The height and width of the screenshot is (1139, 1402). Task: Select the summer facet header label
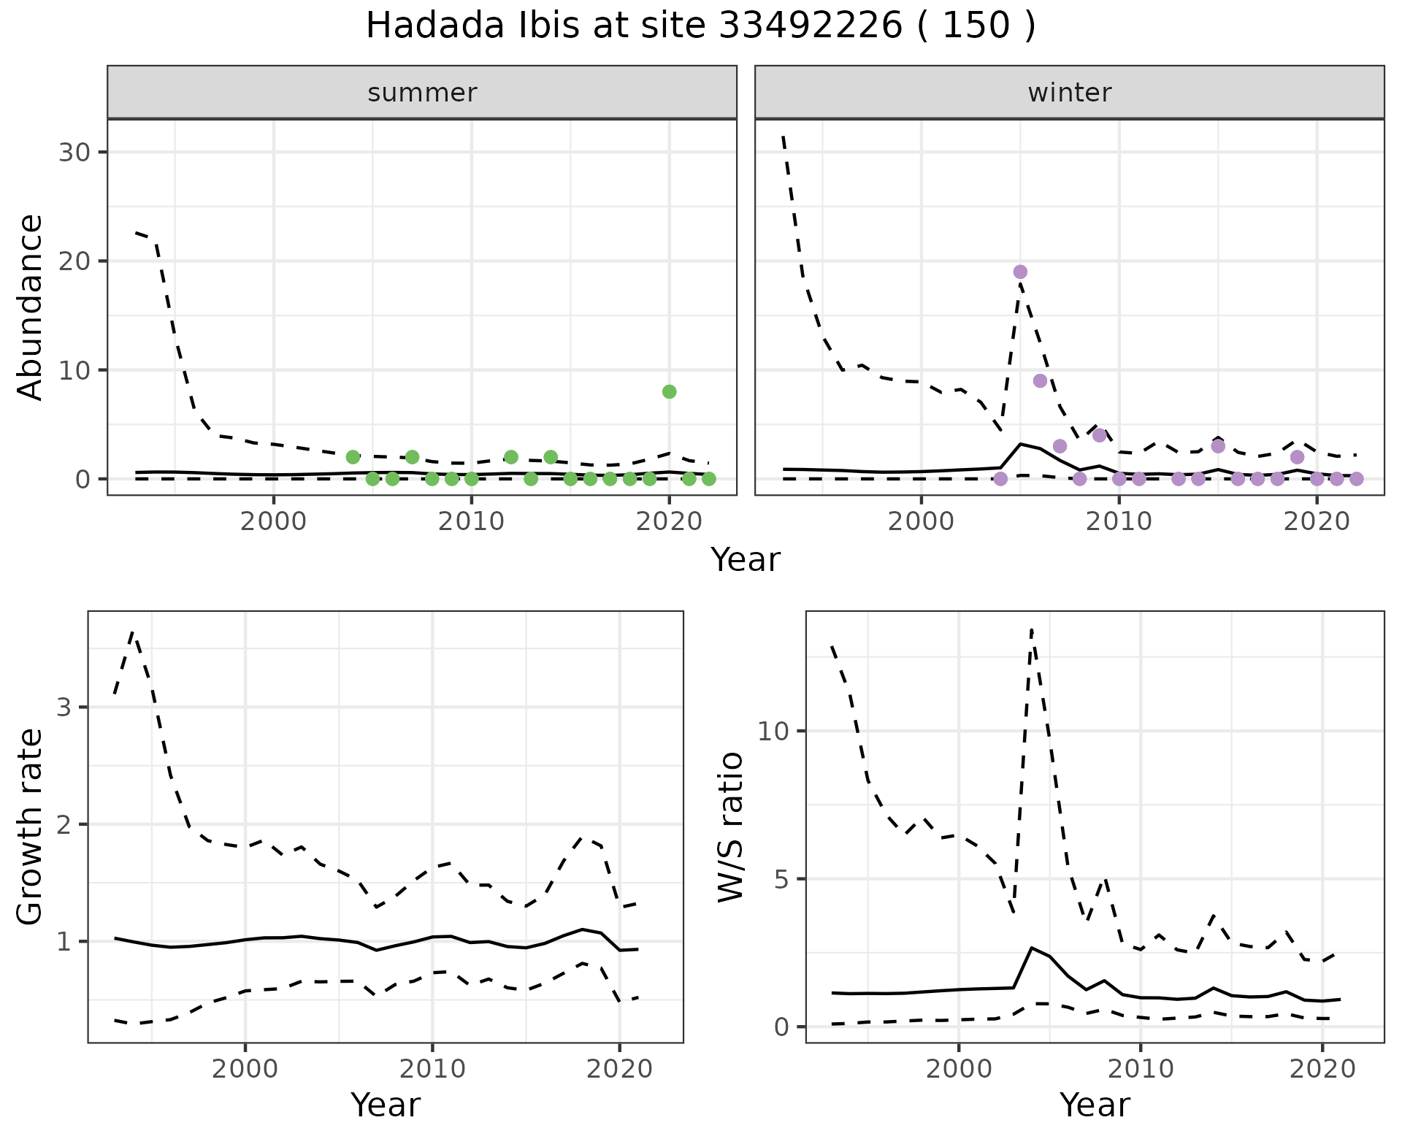pyautogui.click(x=422, y=93)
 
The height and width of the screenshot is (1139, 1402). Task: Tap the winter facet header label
pyautogui.click(x=1069, y=93)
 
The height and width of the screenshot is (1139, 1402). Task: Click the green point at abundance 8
pyautogui.click(x=669, y=392)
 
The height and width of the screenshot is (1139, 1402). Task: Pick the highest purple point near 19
pyautogui.click(x=1020, y=272)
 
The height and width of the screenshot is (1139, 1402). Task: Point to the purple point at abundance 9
pyautogui.click(x=1040, y=380)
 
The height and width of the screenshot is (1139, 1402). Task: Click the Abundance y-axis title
pyautogui.click(x=31, y=307)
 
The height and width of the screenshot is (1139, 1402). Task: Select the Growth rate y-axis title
pyautogui.click(x=31, y=827)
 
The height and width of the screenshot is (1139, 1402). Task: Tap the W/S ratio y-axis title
pyautogui.click(x=730, y=827)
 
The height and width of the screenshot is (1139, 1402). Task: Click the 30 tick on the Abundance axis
pyautogui.click(x=76, y=153)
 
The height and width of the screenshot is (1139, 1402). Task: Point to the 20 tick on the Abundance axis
pyautogui.click(x=76, y=261)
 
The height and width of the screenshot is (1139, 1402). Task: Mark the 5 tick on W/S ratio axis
pyautogui.click(x=781, y=879)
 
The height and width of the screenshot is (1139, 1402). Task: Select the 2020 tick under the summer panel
pyautogui.click(x=669, y=521)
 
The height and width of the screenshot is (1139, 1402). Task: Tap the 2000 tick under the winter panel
pyautogui.click(x=921, y=521)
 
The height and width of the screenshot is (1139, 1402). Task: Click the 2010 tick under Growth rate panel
pyautogui.click(x=432, y=1069)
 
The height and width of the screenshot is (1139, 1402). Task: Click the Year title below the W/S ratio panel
pyautogui.click(x=1095, y=1105)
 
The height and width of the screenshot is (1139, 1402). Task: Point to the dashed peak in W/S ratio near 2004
pyautogui.click(x=1031, y=629)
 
